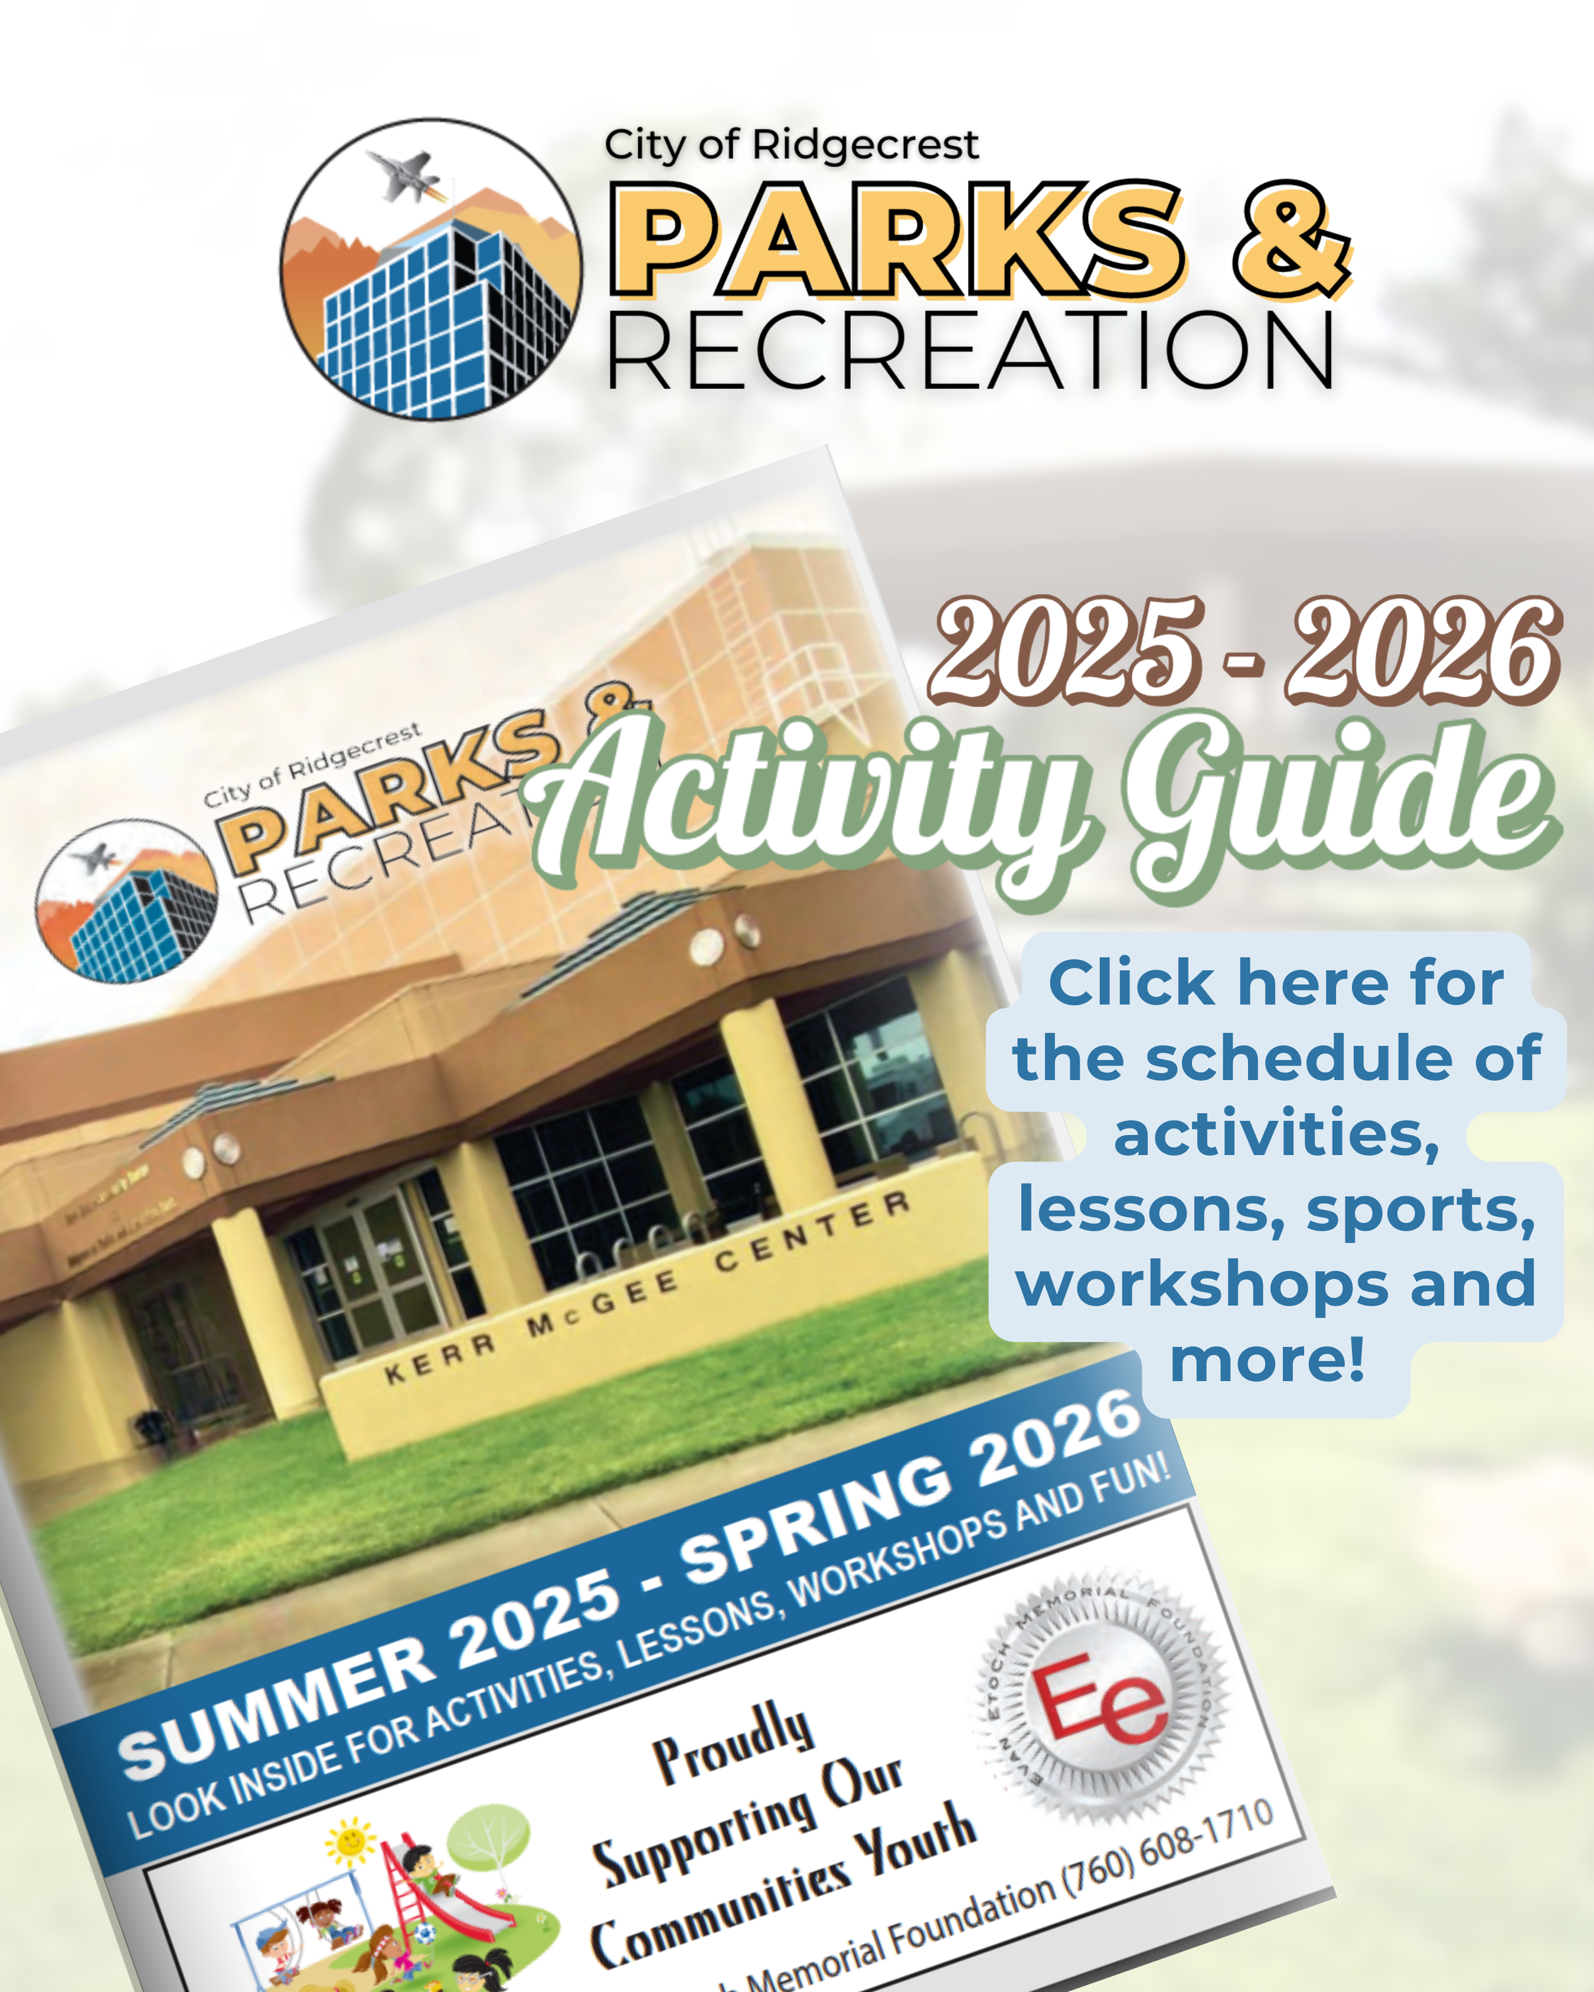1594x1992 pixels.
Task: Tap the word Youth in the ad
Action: point(915,1839)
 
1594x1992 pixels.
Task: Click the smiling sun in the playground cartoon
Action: point(351,1839)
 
